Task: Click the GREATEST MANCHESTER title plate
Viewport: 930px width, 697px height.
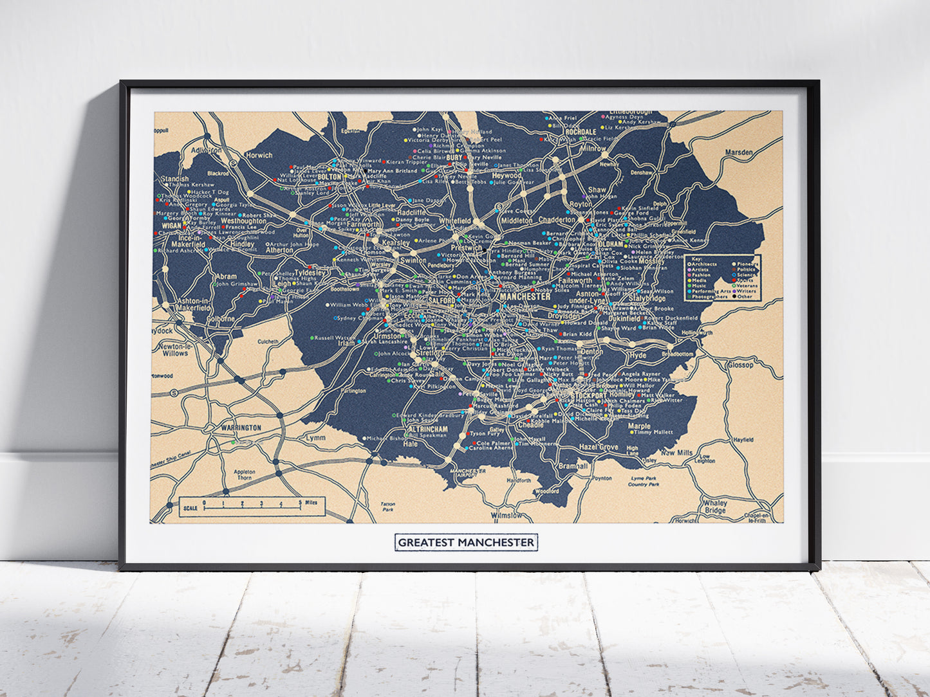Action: pos(465,542)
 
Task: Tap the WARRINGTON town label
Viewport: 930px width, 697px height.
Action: pos(241,428)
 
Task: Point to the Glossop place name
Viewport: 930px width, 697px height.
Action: pos(740,365)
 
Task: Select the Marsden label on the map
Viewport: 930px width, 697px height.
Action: pos(738,152)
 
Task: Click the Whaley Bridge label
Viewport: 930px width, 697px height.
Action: pos(714,507)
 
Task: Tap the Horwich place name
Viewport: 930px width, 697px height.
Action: pos(259,155)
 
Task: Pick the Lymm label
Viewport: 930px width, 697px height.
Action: pos(315,437)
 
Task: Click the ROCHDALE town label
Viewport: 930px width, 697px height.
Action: pos(580,132)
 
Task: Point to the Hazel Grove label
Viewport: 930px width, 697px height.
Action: pos(599,447)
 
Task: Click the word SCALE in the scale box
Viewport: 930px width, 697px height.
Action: pos(191,508)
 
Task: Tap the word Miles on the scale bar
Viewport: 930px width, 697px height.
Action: pos(311,503)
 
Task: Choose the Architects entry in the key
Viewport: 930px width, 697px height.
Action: pos(704,264)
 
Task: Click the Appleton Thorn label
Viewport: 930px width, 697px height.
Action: pos(244,475)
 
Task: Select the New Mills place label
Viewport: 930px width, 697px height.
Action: pos(676,453)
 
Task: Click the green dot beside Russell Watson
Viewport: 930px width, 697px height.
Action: pos(312,338)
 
